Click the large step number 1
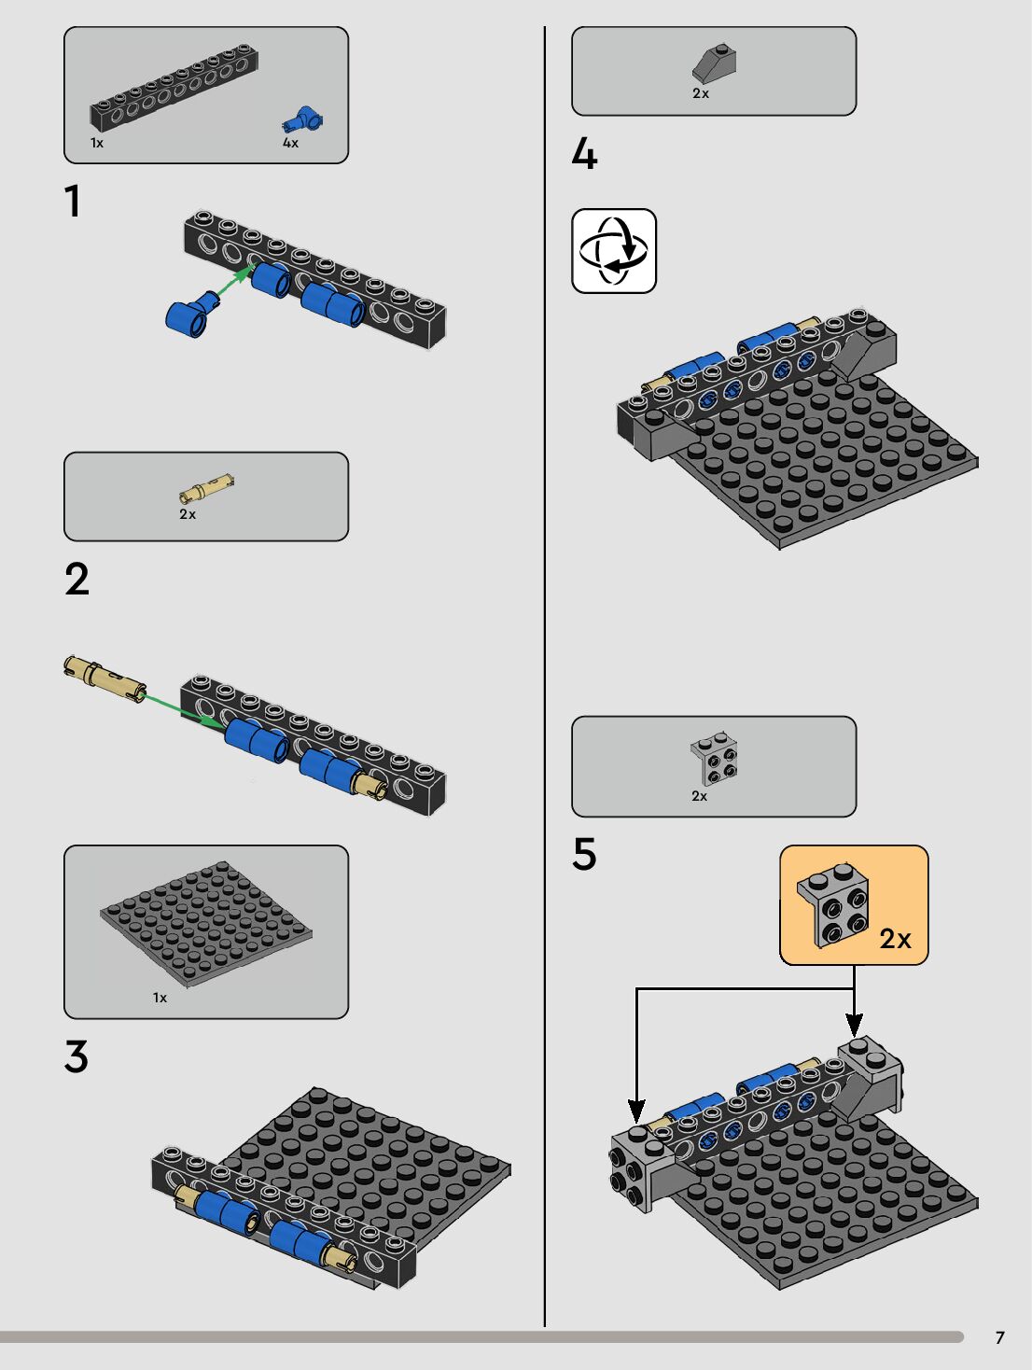(74, 201)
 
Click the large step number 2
(77, 580)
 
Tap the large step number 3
(77, 1056)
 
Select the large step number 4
(585, 154)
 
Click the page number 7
(1000, 1337)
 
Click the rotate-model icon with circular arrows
(614, 251)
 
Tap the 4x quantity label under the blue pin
(291, 143)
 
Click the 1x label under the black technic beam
(97, 143)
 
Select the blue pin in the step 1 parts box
(302, 119)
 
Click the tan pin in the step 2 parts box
(206, 488)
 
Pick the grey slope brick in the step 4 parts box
(715, 63)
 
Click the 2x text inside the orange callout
(896, 939)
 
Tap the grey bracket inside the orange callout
(833, 905)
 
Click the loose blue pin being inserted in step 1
(192, 311)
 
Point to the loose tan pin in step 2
(105, 678)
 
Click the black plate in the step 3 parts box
(206, 924)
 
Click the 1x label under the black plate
(160, 998)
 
